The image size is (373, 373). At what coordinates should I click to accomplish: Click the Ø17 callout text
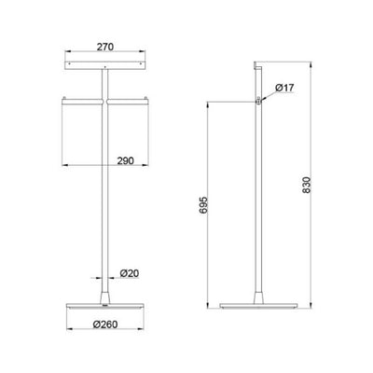(284, 89)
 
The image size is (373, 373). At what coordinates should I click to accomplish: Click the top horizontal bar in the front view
(104, 65)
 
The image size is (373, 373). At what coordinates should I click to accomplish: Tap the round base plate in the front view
(104, 306)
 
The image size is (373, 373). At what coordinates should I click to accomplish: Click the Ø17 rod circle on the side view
(258, 100)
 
